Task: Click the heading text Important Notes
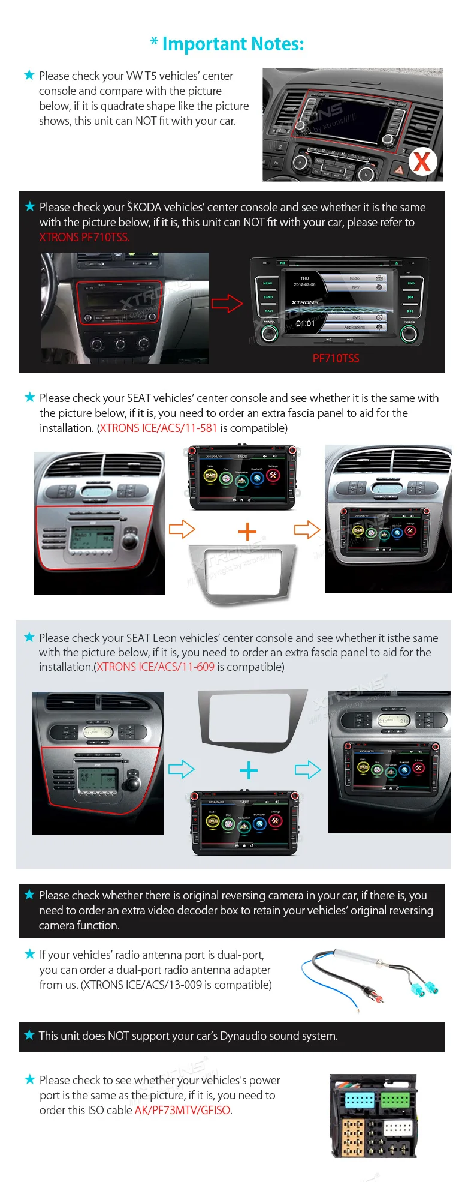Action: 233,44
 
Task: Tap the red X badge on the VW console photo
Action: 422,161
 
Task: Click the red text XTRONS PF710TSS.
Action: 84,238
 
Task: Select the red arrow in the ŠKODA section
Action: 227,303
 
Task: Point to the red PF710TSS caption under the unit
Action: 336,359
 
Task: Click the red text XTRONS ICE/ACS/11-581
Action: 158,428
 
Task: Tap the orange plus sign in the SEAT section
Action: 247,532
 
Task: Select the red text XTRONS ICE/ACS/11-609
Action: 156,667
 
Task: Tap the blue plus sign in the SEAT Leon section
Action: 248,770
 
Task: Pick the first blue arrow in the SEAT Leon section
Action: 181,769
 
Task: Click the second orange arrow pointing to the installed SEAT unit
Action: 307,530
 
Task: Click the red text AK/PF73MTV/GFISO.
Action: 183,1111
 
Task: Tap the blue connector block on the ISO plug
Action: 360,1100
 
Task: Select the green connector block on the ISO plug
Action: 395,1100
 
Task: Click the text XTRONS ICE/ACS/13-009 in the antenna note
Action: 142,985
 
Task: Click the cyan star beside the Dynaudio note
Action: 29,1035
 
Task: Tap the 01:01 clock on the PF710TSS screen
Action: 305,323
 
